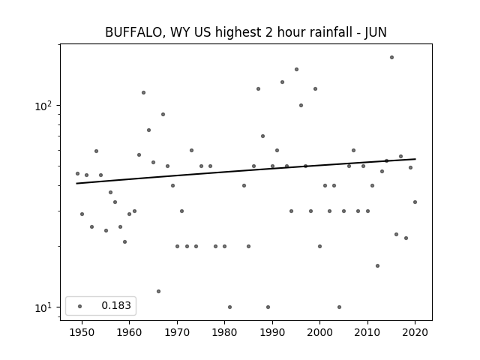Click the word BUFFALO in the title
point(133,32)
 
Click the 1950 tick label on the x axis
point(82,332)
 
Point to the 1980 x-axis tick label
point(224,332)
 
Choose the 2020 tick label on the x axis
point(415,332)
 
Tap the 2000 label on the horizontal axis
point(320,332)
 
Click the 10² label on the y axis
point(43,106)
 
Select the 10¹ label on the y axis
point(43,307)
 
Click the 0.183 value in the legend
point(116,305)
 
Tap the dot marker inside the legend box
point(80,306)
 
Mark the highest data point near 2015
point(391,57)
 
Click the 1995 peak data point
point(297,69)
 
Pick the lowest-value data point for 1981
point(230,307)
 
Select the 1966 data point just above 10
point(158,291)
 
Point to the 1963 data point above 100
point(143,92)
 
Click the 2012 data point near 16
point(377,265)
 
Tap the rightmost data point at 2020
point(415,202)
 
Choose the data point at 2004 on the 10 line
point(339,307)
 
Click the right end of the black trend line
point(415,159)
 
